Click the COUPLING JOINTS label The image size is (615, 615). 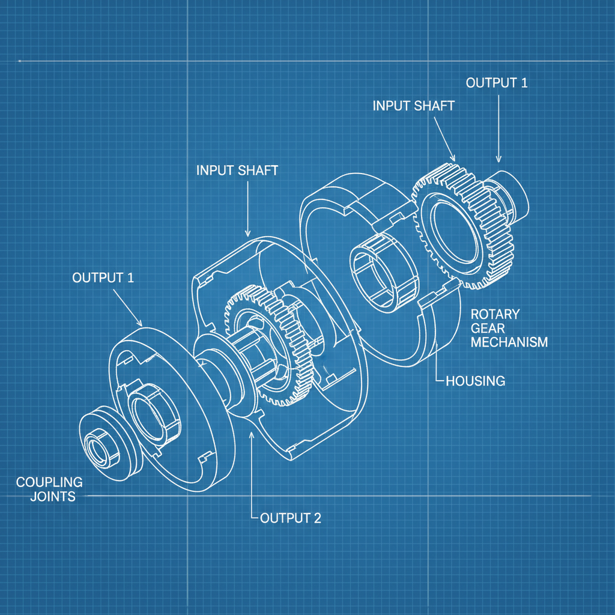(x=49, y=489)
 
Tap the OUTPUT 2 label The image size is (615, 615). (x=290, y=518)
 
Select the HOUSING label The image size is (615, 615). (x=475, y=381)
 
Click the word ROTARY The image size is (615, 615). (x=495, y=314)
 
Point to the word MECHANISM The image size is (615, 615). (x=509, y=342)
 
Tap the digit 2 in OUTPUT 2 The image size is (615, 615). (x=316, y=518)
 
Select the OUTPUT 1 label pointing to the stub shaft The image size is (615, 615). (x=497, y=83)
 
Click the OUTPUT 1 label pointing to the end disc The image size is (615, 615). (x=103, y=277)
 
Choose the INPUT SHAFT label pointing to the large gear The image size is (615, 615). (x=413, y=106)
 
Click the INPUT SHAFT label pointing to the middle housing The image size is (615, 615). (x=237, y=170)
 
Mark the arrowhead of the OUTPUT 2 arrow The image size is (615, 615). (x=251, y=435)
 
